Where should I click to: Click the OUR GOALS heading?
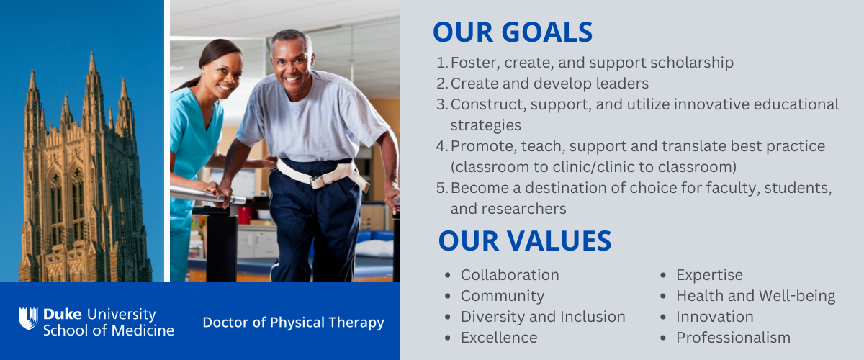point(513,32)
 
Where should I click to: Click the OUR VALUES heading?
point(525,240)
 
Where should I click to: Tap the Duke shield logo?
point(29,319)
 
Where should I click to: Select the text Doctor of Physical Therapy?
point(294,323)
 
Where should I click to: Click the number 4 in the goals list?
point(441,146)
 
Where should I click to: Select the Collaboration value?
point(510,275)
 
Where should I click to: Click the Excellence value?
point(499,338)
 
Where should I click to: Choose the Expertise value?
point(709,276)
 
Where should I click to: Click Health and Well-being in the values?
point(755,297)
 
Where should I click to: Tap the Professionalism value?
point(733,338)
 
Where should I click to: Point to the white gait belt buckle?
point(318,181)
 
